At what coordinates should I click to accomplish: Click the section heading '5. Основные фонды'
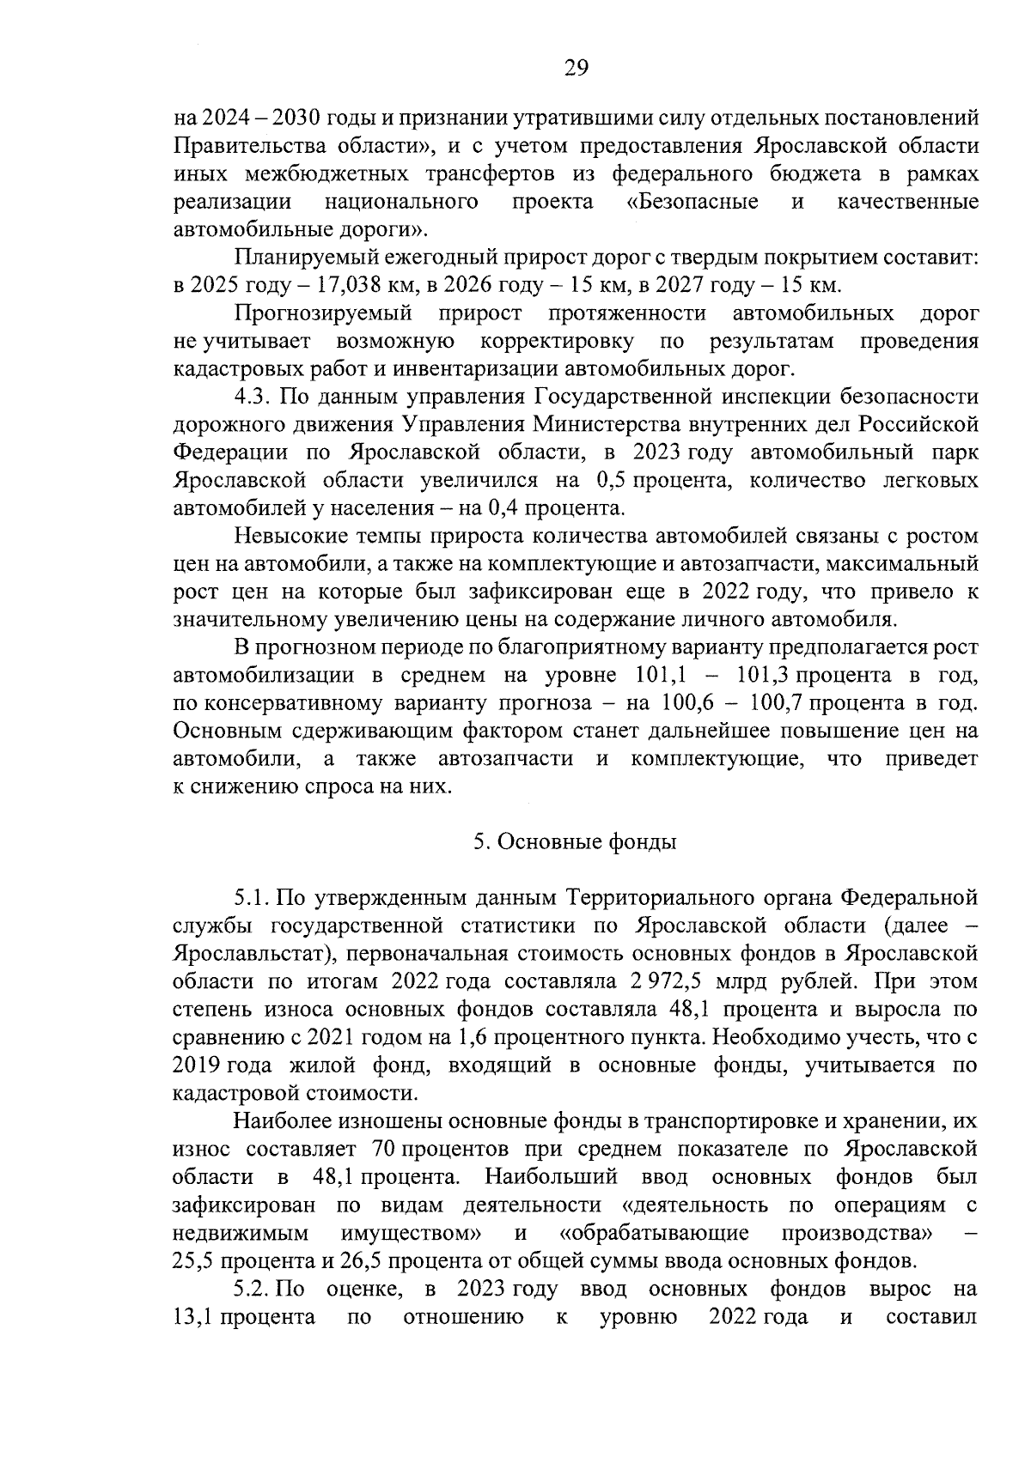575,841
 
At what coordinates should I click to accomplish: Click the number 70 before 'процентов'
385,1149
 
